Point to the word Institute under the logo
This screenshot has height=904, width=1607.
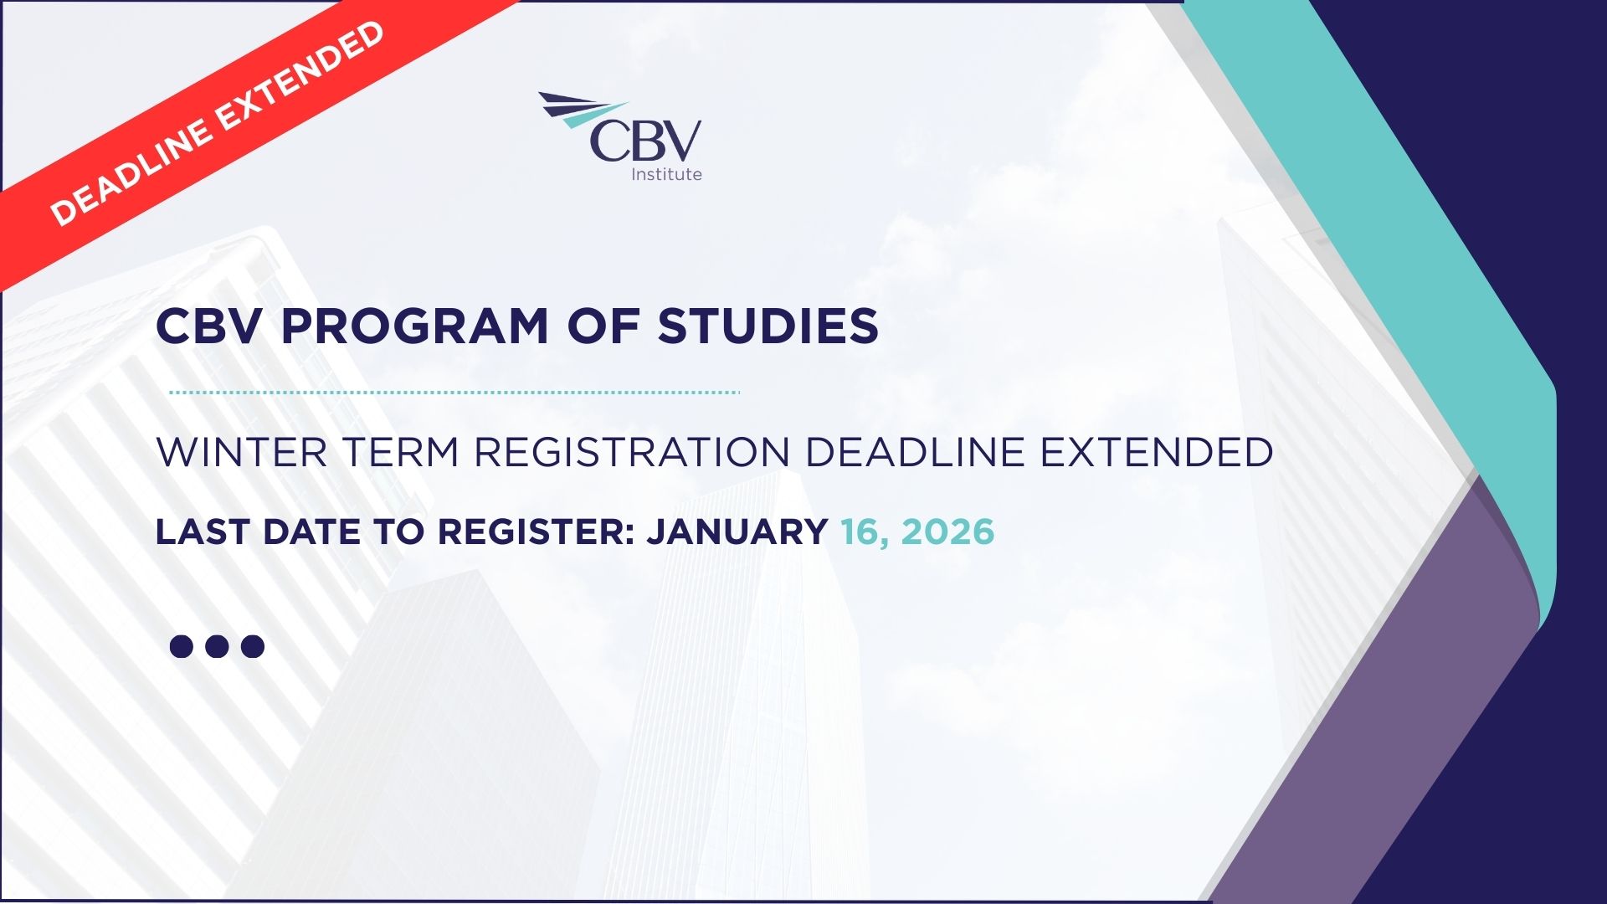point(666,174)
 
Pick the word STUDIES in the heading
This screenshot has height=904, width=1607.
point(768,326)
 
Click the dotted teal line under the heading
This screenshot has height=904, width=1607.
point(454,392)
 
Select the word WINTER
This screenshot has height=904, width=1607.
point(242,452)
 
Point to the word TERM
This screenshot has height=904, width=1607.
point(401,452)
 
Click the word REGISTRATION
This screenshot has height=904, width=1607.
point(632,452)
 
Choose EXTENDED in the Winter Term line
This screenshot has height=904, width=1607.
point(1157,452)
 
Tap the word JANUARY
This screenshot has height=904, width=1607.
point(737,532)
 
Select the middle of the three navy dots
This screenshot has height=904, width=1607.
point(217,646)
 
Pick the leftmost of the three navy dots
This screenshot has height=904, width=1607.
point(181,646)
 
